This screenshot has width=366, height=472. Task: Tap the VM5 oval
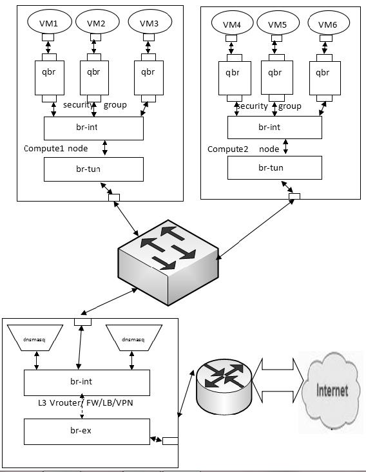(278, 24)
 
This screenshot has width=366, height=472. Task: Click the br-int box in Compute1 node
(93, 128)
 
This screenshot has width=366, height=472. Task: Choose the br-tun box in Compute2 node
(274, 168)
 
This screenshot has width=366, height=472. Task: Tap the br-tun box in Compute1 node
(93, 169)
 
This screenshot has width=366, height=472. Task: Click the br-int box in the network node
(86, 382)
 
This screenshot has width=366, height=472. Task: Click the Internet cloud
(332, 390)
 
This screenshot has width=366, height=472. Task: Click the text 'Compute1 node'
(55, 149)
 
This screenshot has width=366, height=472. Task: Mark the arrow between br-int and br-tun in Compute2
(285, 147)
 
